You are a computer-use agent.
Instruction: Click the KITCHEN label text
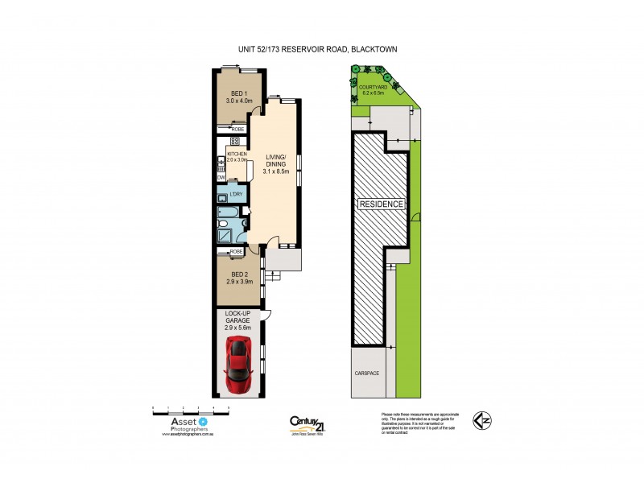coord(237,153)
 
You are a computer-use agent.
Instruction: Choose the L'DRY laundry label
coord(236,195)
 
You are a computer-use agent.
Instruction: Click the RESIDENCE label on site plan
coord(382,204)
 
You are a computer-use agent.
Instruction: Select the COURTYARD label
coord(375,86)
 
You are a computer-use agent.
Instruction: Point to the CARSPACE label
coord(366,374)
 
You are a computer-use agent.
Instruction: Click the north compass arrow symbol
coord(481,419)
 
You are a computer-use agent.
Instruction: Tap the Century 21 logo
coord(306,422)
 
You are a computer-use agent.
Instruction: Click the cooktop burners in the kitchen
coord(235,140)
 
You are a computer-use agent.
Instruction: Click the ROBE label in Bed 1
coord(237,129)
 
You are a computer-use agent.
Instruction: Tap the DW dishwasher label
coord(220,177)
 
